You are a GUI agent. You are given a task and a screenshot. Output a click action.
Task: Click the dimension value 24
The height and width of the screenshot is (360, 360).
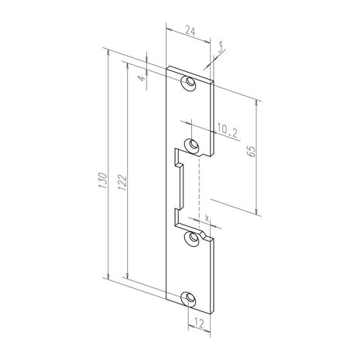(x=190, y=31)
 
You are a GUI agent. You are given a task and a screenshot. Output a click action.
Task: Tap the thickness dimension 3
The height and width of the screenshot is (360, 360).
(x=220, y=47)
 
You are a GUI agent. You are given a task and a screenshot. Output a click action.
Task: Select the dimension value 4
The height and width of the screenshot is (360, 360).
(x=142, y=77)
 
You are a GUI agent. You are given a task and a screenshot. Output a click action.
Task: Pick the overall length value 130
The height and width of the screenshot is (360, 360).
(x=103, y=180)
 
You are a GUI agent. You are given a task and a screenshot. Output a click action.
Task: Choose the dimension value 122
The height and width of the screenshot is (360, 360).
(x=122, y=183)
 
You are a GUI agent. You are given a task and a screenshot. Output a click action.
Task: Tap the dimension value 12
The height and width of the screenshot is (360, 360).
(x=199, y=323)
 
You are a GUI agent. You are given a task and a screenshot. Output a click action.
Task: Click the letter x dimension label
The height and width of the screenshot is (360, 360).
(x=207, y=218)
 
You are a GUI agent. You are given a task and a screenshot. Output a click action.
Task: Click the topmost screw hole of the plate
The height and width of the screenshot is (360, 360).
(x=190, y=82)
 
